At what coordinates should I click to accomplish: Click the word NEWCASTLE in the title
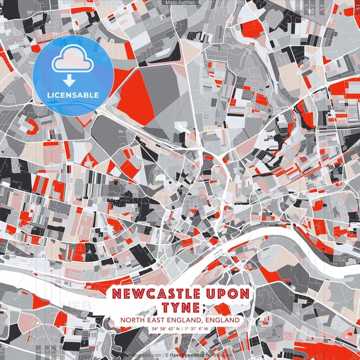point(156,294)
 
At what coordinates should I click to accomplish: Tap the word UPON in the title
point(228,294)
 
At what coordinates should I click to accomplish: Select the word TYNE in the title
point(181,308)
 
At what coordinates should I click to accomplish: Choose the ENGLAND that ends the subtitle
point(222,320)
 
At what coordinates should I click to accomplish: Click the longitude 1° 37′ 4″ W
point(197,328)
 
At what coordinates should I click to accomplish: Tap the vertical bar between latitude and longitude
point(182,328)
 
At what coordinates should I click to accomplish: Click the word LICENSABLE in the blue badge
point(73,95)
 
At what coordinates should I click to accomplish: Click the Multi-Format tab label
point(180,3)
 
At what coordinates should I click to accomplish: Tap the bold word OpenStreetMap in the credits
point(187,355)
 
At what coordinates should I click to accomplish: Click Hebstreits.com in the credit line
point(145,355)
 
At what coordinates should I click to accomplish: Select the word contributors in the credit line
point(219,355)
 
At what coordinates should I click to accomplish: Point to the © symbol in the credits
point(167,355)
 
